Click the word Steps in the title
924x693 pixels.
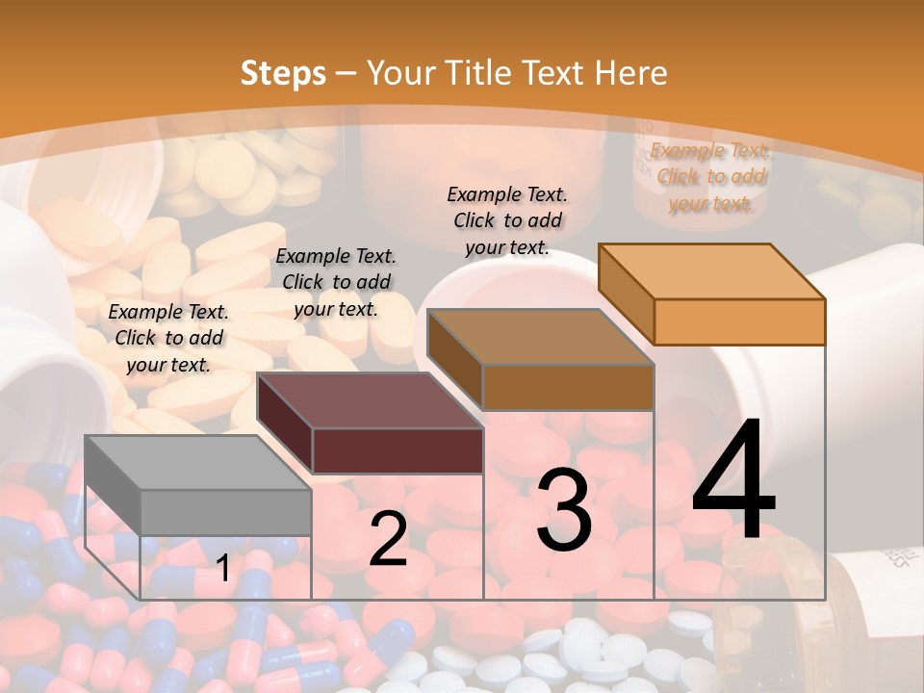283,73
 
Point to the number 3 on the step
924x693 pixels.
564,510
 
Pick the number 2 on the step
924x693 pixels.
388,540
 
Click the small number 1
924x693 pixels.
222,569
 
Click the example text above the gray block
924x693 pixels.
168,338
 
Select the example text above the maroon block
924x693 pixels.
336,282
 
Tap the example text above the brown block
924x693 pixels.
507,220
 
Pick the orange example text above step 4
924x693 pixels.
710,176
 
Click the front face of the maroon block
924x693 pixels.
398,450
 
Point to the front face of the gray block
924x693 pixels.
225,512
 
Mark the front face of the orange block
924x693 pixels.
739,321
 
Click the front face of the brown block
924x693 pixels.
568,387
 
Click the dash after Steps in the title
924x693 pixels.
346,74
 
